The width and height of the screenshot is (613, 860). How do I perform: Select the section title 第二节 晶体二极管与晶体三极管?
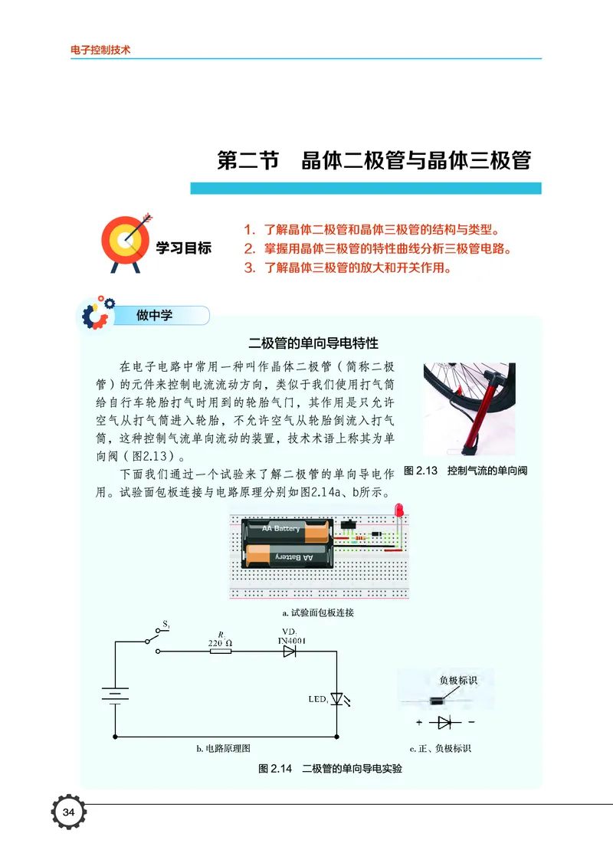coord(374,162)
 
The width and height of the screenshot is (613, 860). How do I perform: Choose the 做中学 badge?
coord(156,315)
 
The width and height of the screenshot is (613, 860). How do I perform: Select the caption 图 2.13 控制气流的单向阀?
coord(465,471)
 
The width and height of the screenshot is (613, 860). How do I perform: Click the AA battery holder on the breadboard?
coord(287,543)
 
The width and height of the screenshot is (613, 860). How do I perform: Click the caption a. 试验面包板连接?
coord(318,613)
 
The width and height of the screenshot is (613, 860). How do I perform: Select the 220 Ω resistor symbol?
coord(221,652)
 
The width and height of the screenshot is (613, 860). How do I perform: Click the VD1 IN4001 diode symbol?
coord(290,652)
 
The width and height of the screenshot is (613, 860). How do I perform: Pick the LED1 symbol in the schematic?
coord(336,699)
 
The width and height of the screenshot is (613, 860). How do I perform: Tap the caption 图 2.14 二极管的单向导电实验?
coord(330,768)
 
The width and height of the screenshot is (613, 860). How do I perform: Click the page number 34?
coord(68,812)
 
